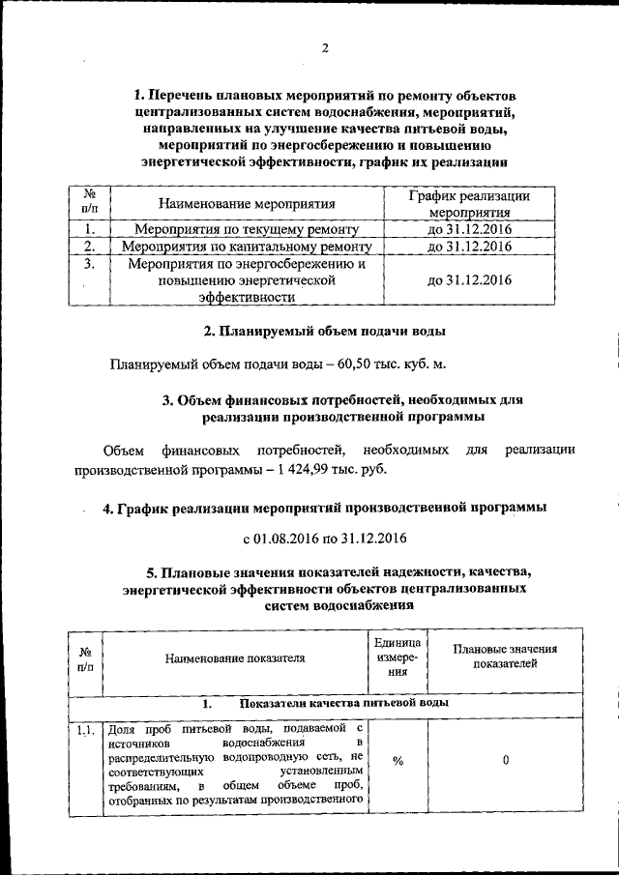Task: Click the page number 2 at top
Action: pyautogui.click(x=325, y=49)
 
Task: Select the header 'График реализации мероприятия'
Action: pyautogui.click(x=469, y=204)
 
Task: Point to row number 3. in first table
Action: pyautogui.click(x=89, y=263)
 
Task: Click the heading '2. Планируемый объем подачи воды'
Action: pyautogui.click(x=325, y=332)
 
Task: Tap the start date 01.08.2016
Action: pyautogui.click(x=287, y=537)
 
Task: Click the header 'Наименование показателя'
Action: pyautogui.click(x=234, y=657)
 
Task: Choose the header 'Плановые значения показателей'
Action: pyautogui.click(x=505, y=657)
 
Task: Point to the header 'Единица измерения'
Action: pyautogui.click(x=398, y=657)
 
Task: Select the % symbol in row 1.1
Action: pyautogui.click(x=398, y=760)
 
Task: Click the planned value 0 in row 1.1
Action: pyautogui.click(x=505, y=760)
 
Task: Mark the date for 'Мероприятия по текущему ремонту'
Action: pyautogui.click(x=469, y=229)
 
